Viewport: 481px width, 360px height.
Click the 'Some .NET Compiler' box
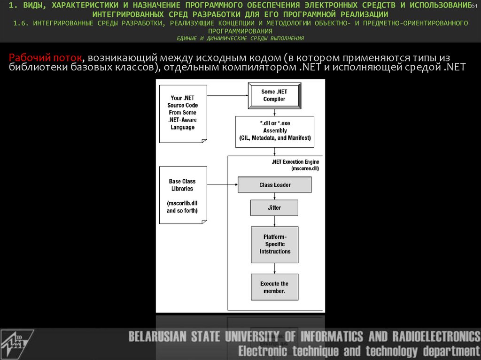(x=274, y=95)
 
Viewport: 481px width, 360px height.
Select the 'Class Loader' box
(x=275, y=185)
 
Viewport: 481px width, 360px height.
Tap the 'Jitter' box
(x=274, y=207)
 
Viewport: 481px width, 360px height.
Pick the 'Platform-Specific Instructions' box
(x=275, y=245)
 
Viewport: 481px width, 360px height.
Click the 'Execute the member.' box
(x=274, y=287)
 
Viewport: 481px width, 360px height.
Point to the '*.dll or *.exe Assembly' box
(x=274, y=130)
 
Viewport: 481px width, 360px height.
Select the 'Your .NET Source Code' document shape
(x=183, y=113)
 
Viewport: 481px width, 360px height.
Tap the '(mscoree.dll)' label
(x=305, y=168)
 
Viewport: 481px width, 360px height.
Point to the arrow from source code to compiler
(x=227, y=95)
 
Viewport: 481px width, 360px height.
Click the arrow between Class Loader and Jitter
(x=274, y=196)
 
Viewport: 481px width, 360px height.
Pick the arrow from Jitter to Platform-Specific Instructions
(x=274, y=221)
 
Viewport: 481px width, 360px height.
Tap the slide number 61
(x=474, y=5)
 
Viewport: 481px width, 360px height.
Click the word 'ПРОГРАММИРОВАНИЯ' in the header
(x=240, y=30)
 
